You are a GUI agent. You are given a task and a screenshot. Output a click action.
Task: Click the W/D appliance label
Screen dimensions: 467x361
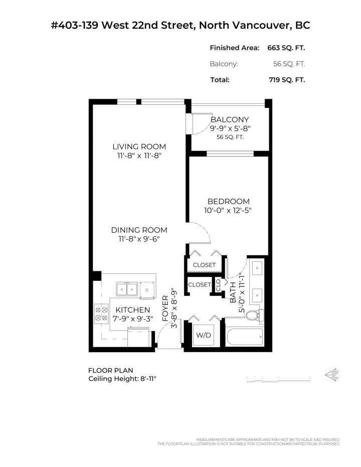[x=204, y=335]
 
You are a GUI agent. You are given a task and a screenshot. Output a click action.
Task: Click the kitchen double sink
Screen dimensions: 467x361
[x=127, y=289]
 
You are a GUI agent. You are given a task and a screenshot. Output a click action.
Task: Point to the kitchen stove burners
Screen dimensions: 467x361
[x=101, y=314]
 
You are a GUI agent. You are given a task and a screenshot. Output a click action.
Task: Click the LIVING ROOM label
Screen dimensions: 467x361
[x=139, y=146]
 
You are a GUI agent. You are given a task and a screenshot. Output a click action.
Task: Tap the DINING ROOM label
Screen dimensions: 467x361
[x=139, y=230]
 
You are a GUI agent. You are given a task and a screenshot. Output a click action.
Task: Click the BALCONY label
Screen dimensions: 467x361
[x=230, y=119]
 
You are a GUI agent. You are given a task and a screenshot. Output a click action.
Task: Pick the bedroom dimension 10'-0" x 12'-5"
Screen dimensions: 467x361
[x=229, y=211]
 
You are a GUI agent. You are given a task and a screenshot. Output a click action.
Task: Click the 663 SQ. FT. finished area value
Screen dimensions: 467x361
[x=287, y=48]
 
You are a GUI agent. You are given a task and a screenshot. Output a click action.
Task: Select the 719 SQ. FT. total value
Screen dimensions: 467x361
[x=287, y=79]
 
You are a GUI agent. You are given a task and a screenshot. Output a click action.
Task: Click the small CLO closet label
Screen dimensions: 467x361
[x=218, y=285]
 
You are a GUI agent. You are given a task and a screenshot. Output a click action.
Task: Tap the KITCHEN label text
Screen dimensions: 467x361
[x=129, y=310]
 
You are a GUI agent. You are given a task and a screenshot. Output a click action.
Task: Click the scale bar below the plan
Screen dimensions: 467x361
[x=278, y=377]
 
